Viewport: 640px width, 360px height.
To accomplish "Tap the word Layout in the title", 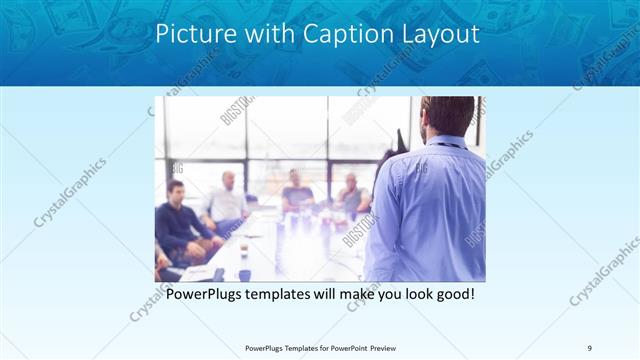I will pyautogui.click(x=437, y=34).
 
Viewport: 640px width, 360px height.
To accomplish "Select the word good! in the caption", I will pyautogui.click(x=451, y=296).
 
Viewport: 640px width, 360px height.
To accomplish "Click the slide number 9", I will pyautogui.click(x=590, y=348).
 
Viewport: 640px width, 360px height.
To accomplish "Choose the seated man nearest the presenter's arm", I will pyautogui.click(x=350, y=195).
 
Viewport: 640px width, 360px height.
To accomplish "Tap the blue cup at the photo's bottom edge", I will pyautogui.click(x=244, y=275).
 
